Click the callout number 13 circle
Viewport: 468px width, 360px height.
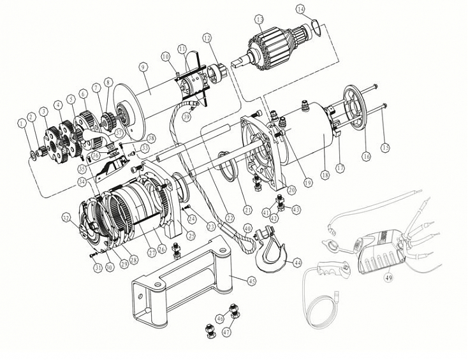coord(259,20)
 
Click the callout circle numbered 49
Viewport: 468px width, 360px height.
coord(387,277)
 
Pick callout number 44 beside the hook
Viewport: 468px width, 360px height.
coord(296,263)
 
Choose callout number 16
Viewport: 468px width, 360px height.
coord(365,155)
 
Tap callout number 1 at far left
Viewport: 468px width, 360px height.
coord(22,122)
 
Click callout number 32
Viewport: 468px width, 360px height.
coord(66,217)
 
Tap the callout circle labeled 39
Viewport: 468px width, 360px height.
coord(187,117)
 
